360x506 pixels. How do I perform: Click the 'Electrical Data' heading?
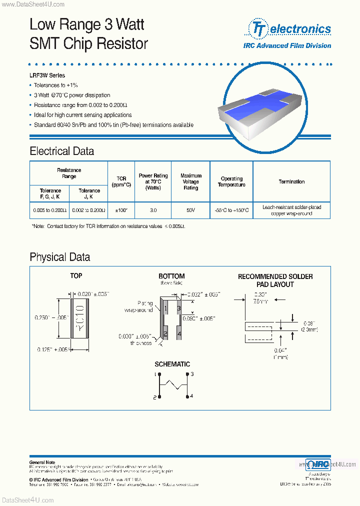click(x=61, y=151)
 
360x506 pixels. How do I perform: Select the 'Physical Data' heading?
click(x=59, y=257)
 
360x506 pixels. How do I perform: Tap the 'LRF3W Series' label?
click(x=47, y=75)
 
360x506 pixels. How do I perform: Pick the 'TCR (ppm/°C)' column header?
click(x=121, y=181)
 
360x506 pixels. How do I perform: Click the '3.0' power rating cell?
click(x=153, y=211)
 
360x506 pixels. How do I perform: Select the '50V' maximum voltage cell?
click(x=190, y=211)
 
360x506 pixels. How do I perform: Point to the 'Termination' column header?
click(x=291, y=182)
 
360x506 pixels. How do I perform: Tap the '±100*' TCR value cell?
click(x=121, y=211)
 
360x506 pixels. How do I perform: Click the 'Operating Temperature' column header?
click(x=231, y=182)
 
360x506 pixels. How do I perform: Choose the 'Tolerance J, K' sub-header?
click(x=89, y=193)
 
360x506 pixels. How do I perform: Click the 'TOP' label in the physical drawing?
click(x=76, y=276)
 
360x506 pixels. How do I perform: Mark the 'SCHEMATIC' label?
click(x=172, y=364)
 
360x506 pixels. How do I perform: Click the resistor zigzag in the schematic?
click(x=173, y=385)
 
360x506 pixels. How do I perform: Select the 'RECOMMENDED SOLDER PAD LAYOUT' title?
click(x=275, y=280)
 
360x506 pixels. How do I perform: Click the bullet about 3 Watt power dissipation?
click(x=72, y=95)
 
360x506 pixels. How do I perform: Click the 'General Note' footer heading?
click(x=42, y=462)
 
